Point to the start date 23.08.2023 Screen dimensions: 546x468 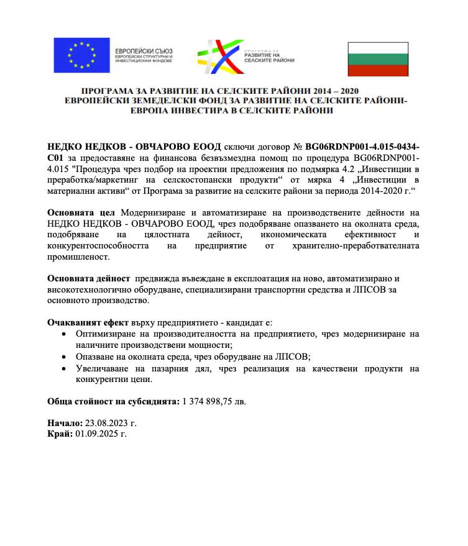pyautogui.click(x=104, y=423)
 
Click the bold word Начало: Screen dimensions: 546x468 pyautogui.click(x=64, y=423)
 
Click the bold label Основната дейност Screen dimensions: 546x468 pyautogui.click(x=89, y=278)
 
